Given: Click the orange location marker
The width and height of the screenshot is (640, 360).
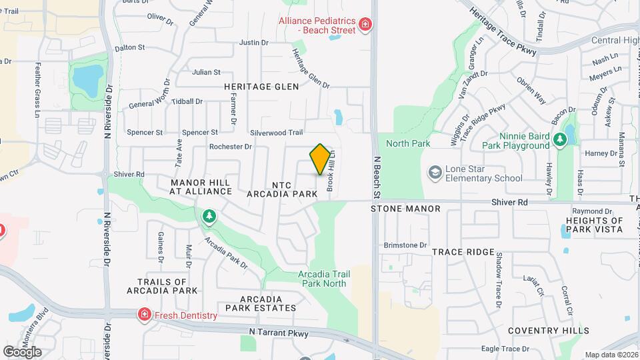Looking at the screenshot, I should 320,159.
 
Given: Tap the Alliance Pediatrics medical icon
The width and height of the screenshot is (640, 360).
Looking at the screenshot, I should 365,25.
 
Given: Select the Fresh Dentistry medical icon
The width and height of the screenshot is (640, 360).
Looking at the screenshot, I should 143,315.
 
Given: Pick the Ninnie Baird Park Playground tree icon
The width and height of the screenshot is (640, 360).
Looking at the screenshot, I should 561,139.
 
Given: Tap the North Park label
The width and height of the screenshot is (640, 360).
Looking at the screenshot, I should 407,143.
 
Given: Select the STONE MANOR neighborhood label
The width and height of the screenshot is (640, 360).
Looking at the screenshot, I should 405,209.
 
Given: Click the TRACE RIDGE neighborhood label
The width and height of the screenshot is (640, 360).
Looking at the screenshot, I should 463,252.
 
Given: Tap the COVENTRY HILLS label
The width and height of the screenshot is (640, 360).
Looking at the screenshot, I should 548,331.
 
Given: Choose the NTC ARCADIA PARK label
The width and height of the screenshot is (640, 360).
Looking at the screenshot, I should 281,189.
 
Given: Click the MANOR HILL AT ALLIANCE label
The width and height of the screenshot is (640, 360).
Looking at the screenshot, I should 200,187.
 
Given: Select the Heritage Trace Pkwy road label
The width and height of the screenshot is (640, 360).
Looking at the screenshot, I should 503,31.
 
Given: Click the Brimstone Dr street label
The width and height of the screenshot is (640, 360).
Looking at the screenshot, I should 405,245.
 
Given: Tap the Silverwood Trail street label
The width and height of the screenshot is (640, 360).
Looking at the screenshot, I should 277,133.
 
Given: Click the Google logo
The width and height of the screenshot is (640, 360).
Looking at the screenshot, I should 22,351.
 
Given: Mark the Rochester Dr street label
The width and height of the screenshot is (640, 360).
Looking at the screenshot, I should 231,147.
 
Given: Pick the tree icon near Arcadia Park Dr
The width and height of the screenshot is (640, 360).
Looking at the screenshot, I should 209,215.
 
